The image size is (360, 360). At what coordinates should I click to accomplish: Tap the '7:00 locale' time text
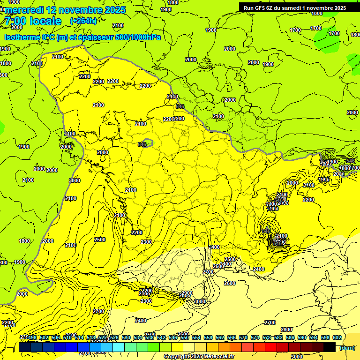click(x=32, y=21)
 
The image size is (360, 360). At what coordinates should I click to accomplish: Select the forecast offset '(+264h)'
click(x=83, y=21)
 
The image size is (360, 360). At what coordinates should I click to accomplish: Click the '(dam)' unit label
click(x=347, y=347)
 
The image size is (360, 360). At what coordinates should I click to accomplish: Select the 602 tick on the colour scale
click(x=337, y=337)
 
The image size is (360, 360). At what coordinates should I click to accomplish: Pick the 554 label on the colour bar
click(x=196, y=337)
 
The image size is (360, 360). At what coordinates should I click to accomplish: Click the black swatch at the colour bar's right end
click(x=330, y=347)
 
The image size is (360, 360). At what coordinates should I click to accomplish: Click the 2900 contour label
click(x=187, y=293)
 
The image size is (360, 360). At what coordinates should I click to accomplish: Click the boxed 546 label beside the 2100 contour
click(x=180, y=107)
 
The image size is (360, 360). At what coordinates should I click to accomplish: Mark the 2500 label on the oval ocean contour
click(x=99, y=240)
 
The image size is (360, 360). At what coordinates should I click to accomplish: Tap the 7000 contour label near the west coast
click(x=74, y=180)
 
